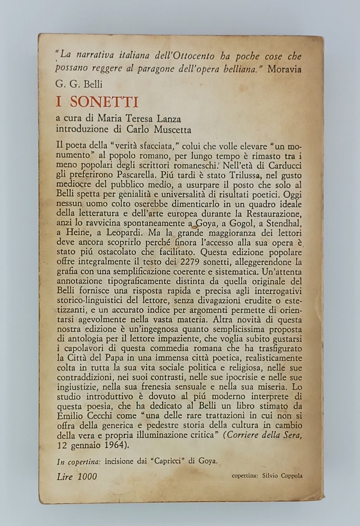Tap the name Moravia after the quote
pyautogui.click(x=284, y=69)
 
